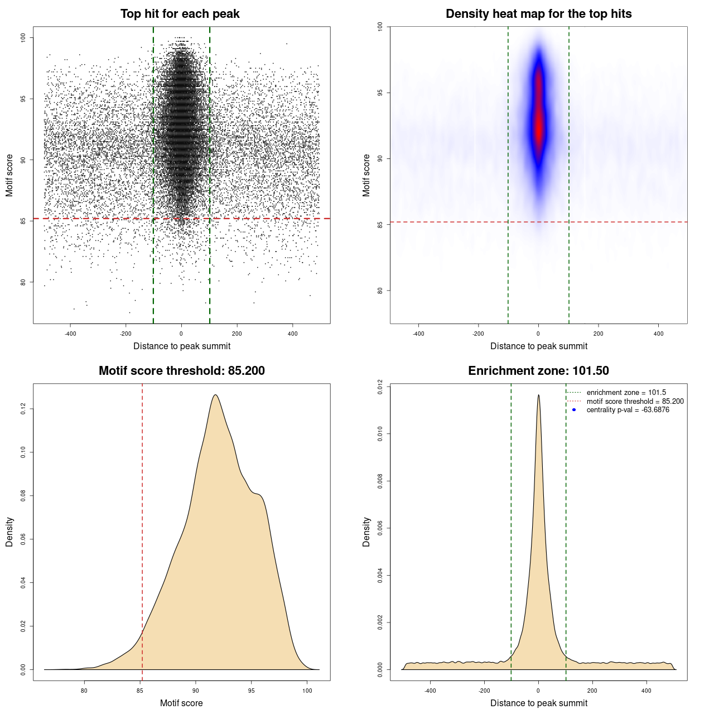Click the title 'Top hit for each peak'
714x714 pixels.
click(x=180, y=14)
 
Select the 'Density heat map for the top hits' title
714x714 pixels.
click(x=538, y=14)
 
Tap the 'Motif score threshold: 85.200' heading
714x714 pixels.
click(x=181, y=371)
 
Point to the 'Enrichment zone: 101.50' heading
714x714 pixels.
click(x=538, y=371)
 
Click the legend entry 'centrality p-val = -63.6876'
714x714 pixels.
click(x=628, y=410)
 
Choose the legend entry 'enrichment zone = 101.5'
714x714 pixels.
click(x=626, y=393)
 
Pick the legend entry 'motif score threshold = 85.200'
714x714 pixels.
click(x=635, y=402)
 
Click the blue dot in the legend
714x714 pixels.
click(x=574, y=410)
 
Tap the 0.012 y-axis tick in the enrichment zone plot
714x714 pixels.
click(x=380, y=387)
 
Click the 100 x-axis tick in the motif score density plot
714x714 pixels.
click(x=307, y=691)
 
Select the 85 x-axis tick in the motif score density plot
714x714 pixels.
click(x=140, y=691)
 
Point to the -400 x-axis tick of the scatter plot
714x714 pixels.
click(x=70, y=334)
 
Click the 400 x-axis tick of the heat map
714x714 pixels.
click(x=659, y=334)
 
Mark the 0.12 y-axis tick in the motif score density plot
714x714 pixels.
click(x=23, y=409)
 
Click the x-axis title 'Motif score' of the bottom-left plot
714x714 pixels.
click(x=181, y=703)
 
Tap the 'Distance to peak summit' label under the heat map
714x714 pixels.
click(x=538, y=346)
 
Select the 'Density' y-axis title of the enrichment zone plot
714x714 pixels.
click(x=366, y=532)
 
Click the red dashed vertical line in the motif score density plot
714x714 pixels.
click(x=142, y=530)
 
